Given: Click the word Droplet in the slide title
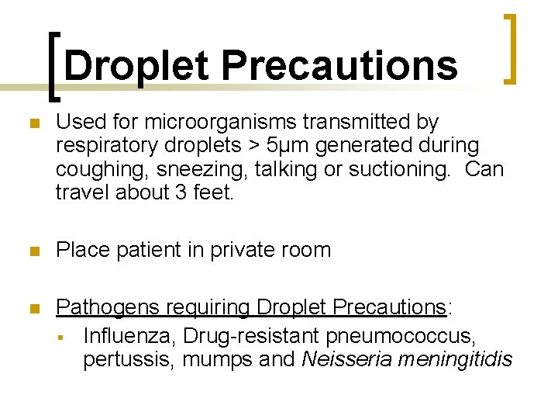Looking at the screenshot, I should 136,66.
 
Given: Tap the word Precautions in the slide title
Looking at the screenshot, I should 339,66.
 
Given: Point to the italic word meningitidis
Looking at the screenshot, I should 449,359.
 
